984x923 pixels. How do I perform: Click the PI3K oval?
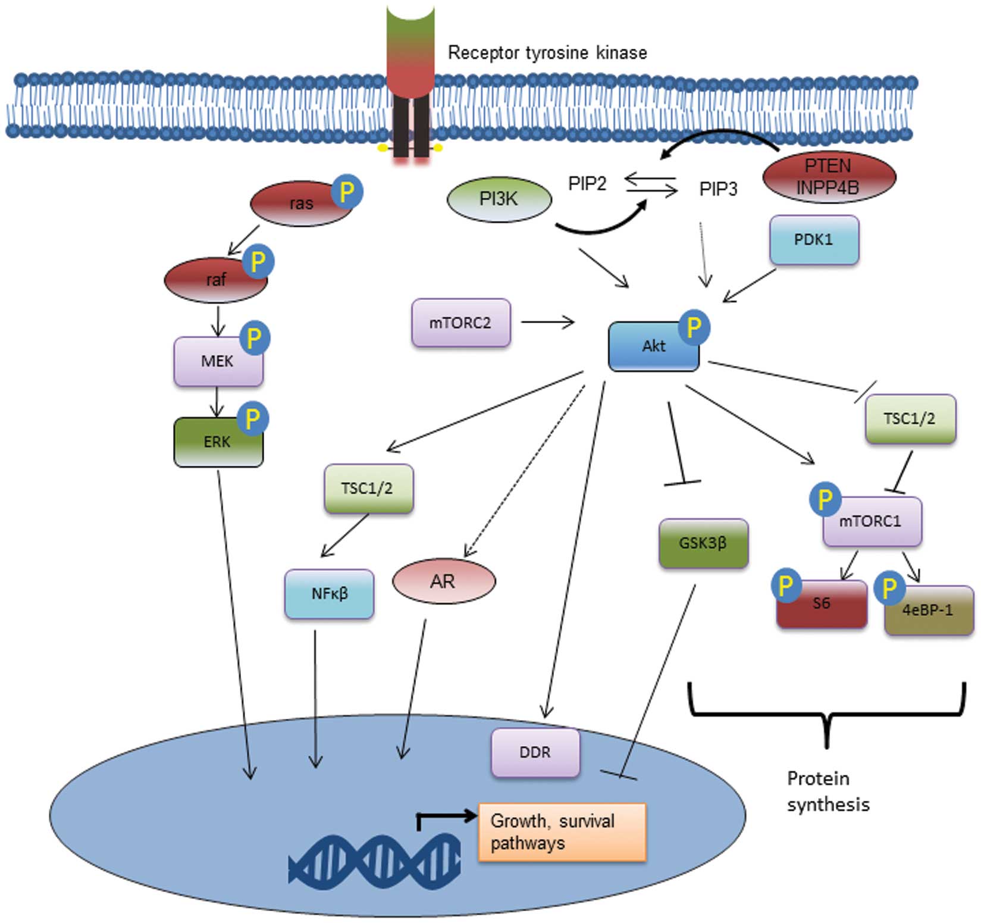pyautogui.click(x=499, y=199)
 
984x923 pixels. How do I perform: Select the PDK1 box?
pyautogui.click(x=814, y=240)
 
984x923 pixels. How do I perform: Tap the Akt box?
pyautogui.click(x=653, y=346)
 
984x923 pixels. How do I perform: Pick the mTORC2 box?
pyautogui.click(x=460, y=323)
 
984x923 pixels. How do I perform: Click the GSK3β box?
pyautogui.click(x=703, y=543)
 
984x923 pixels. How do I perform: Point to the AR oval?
pyautogui.click(x=443, y=581)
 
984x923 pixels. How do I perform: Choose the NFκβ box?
pyautogui.click(x=329, y=594)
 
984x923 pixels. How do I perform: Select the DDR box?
pyautogui.click(x=535, y=753)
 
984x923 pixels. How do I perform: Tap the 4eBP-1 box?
pyautogui.click(x=929, y=611)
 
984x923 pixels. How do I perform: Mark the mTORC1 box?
pyautogui.click(x=872, y=522)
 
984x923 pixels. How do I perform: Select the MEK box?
pyautogui.click(x=218, y=361)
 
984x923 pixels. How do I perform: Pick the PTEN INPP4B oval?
pyautogui.click(x=828, y=177)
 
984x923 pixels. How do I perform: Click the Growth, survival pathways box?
pyautogui.click(x=562, y=832)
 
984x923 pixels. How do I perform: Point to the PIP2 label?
pyautogui.click(x=587, y=183)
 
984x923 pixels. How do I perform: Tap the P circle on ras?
pyautogui.click(x=346, y=192)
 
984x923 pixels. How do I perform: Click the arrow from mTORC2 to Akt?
pyautogui.click(x=547, y=323)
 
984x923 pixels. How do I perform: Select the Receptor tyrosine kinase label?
pyautogui.click(x=547, y=53)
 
